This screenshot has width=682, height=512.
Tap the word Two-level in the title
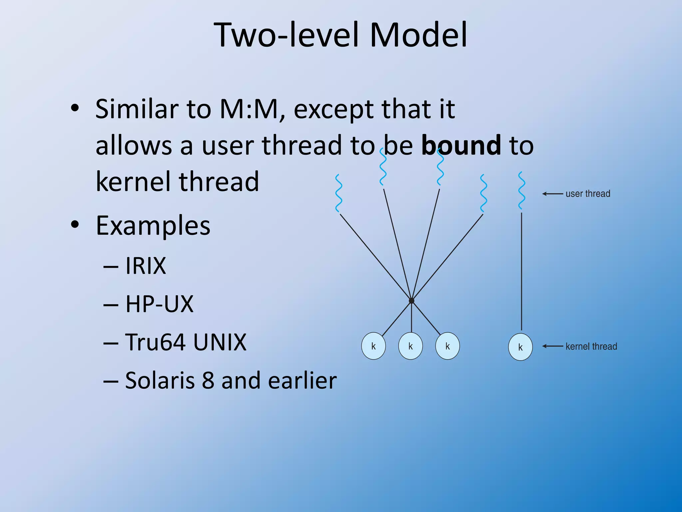pyautogui.click(x=288, y=35)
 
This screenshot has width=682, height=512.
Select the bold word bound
pyautogui.click(x=461, y=145)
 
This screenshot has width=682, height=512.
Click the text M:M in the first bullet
pyautogui.click(x=248, y=109)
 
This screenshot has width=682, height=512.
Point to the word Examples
pyautogui.click(x=153, y=226)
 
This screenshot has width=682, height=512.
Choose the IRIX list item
pyautogui.click(x=146, y=266)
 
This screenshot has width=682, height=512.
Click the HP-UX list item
pyautogui.click(x=159, y=304)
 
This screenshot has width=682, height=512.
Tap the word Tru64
pyautogui.click(x=155, y=342)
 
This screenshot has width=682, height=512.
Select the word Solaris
pyautogui.click(x=160, y=380)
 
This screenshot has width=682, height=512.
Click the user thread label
pyautogui.click(x=588, y=194)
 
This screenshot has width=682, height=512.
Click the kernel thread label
pyautogui.click(x=591, y=346)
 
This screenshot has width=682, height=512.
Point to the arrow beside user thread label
pyautogui.click(x=552, y=194)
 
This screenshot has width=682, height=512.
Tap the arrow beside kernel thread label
pyautogui.click(x=552, y=346)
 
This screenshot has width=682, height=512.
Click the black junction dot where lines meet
pyautogui.click(x=412, y=301)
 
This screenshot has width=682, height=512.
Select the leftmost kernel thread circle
pyautogui.click(x=373, y=346)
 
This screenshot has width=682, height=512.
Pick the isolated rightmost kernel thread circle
pyautogui.click(x=520, y=347)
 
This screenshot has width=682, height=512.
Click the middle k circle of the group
pyautogui.click(x=410, y=346)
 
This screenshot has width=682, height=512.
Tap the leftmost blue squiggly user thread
pyautogui.click(x=339, y=193)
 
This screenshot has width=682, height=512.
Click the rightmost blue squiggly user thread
pyautogui.click(x=521, y=191)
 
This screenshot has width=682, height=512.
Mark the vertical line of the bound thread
pyautogui.click(x=521, y=270)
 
